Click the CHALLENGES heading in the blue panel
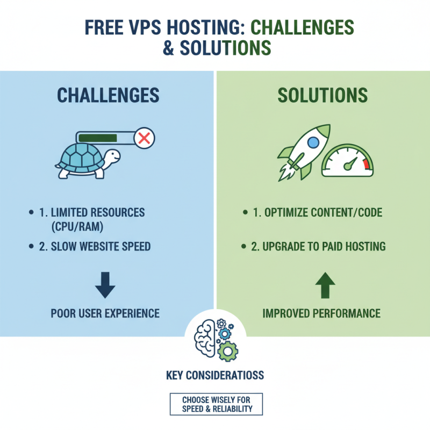(x=108, y=95)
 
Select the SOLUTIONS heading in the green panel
(x=322, y=95)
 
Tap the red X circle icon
(x=144, y=139)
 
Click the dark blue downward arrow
(x=105, y=285)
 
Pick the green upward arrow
(x=325, y=285)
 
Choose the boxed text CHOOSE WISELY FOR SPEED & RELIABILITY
(x=215, y=404)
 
